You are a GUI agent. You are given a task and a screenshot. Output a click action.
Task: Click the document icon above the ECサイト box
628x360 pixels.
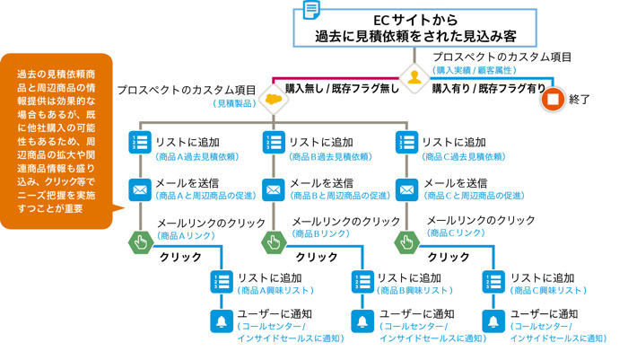[310, 10]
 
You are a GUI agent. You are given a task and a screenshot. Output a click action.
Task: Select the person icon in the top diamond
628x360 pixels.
[414, 80]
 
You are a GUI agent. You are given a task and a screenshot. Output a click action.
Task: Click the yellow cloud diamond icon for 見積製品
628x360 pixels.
[273, 98]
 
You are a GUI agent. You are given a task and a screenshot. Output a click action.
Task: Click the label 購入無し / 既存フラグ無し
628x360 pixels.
[343, 89]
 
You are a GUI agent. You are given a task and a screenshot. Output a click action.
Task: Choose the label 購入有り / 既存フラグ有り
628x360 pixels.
[489, 89]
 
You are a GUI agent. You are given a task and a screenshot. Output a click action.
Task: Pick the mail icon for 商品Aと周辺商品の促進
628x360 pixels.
[140, 189]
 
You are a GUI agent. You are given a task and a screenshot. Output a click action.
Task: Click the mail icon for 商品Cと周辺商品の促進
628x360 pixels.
[406, 189]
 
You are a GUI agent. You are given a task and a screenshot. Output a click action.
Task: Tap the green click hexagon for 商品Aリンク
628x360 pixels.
[140, 241]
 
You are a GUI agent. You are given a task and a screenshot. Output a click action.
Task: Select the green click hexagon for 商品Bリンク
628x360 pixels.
[274, 241]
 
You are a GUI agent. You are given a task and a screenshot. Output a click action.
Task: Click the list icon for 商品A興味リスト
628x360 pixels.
[220, 281]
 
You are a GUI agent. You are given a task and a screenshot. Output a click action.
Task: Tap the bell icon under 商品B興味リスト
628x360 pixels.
[362, 321]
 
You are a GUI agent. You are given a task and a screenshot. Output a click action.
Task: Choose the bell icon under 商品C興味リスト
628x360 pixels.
[493, 321]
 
